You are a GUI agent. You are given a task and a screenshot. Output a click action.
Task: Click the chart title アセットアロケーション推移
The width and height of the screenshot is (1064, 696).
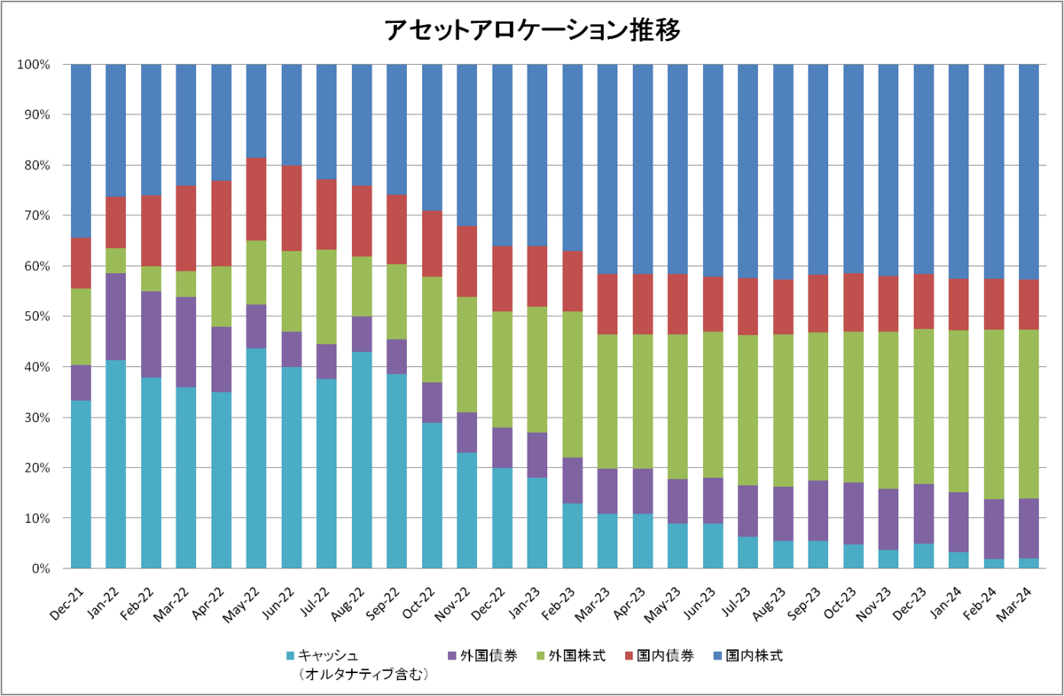click(532, 30)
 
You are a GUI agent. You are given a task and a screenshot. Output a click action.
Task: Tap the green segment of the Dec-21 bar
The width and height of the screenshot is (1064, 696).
click(81, 327)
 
